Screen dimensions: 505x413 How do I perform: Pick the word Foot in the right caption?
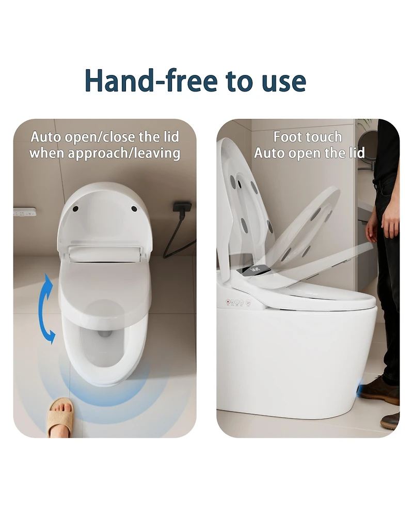point(286,137)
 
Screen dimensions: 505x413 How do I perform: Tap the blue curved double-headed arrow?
point(47,309)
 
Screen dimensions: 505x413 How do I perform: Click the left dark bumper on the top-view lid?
point(76,209)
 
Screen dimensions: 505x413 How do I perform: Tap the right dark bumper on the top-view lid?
point(134,209)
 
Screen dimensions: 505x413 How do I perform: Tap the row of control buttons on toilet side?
point(236,302)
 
